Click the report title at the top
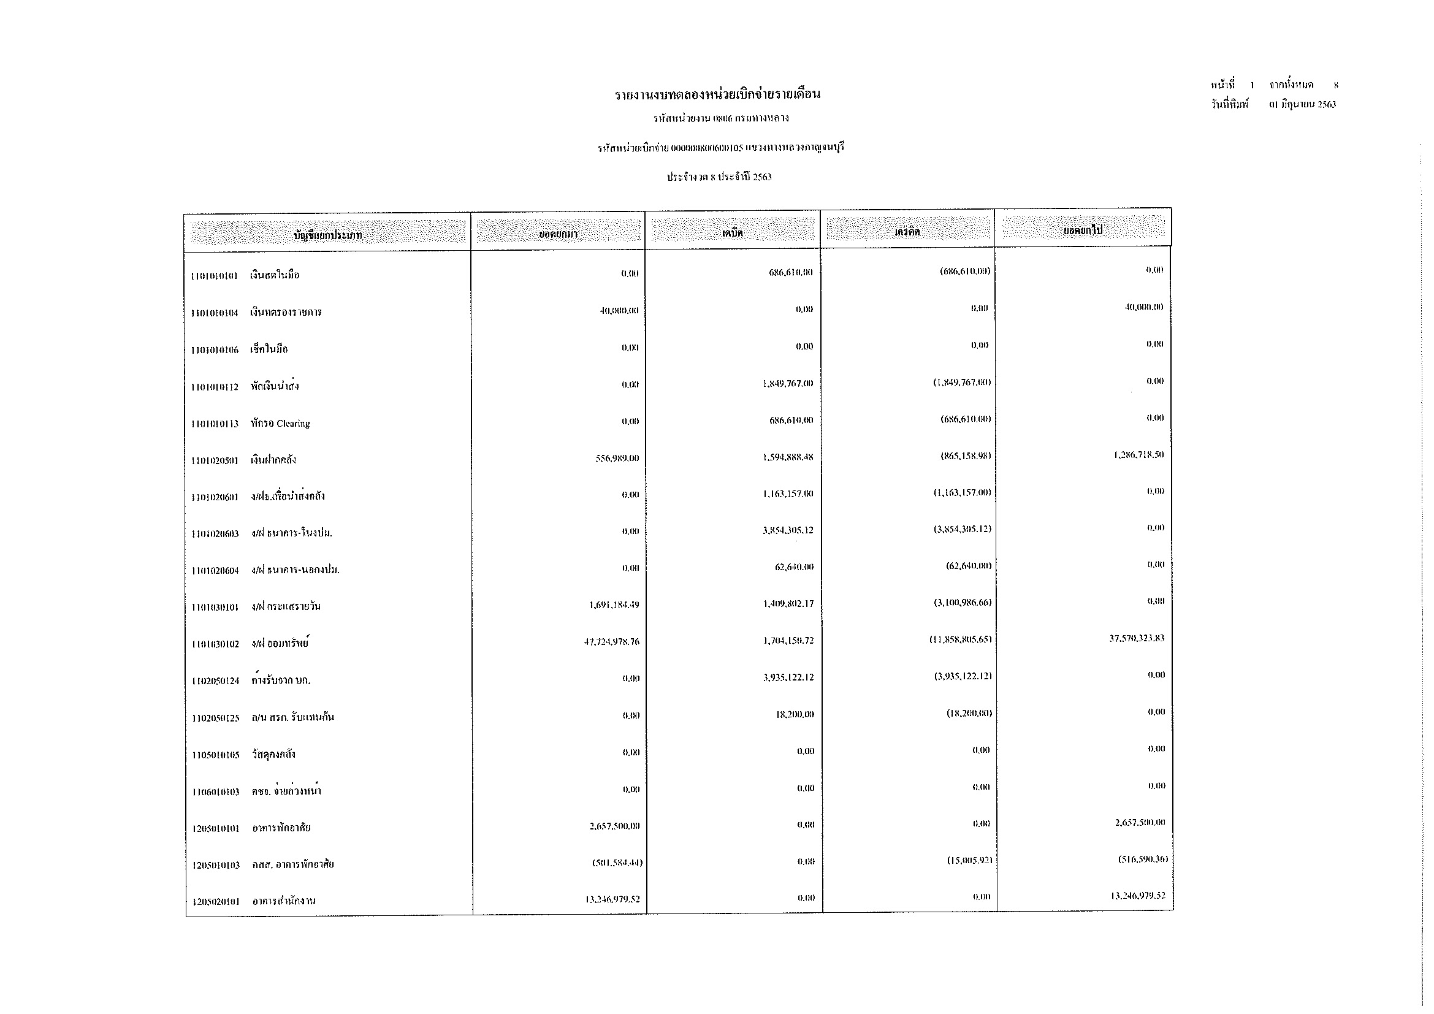[x=717, y=95]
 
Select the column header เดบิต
[x=732, y=232]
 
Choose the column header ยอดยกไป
[x=1083, y=231]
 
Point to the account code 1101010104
[x=215, y=313]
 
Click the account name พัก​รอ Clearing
[x=280, y=424]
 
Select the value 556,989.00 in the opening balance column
[x=617, y=459]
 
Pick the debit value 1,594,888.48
[x=788, y=457]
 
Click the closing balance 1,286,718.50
[x=1138, y=454]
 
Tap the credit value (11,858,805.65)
[x=960, y=639]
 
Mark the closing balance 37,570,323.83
[x=1137, y=638]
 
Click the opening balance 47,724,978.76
[x=611, y=642]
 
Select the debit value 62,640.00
[x=794, y=567]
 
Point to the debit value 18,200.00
[x=795, y=714]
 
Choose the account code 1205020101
[x=216, y=902]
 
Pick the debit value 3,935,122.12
[x=788, y=677]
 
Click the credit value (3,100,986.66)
[x=963, y=603]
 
